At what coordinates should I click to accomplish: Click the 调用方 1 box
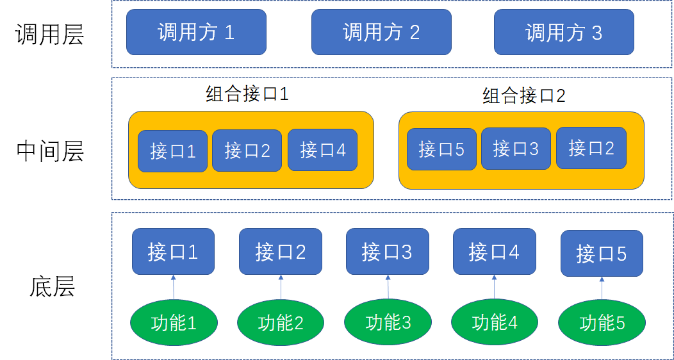196,32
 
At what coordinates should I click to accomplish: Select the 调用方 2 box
381,32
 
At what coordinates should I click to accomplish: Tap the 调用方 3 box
564,32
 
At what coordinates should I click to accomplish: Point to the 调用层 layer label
50,35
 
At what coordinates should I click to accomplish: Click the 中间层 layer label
50,151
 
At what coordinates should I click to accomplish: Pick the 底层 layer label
52,286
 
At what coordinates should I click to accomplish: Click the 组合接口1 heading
247,94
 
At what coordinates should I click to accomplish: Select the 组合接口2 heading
524,96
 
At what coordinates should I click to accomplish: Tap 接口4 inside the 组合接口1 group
322,151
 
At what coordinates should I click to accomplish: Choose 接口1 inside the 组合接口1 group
173,151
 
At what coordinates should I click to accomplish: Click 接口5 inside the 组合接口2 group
441,149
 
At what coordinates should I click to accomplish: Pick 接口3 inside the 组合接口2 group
516,149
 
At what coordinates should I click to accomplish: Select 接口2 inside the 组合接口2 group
591,148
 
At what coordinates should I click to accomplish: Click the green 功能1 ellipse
174,323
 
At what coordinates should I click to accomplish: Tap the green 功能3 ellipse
388,322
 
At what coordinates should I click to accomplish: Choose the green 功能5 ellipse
602,323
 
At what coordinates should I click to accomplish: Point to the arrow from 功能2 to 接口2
281,286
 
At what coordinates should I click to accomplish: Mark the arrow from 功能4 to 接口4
495,286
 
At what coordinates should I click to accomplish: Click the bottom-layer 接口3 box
388,251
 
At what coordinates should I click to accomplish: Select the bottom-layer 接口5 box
602,254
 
